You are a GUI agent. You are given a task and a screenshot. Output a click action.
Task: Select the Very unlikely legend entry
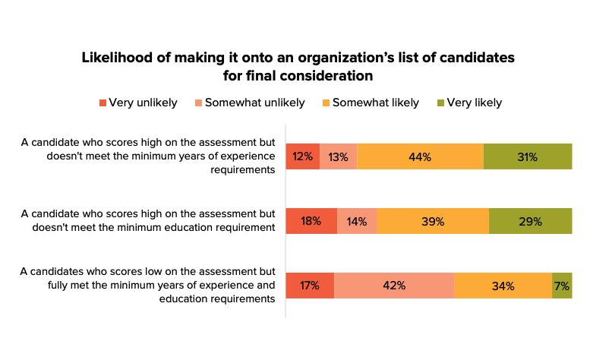pyautogui.click(x=138, y=103)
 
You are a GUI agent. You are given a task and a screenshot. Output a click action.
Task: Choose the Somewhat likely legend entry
pyautogui.click(x=369, y=103)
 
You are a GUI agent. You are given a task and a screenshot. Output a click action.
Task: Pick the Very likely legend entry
pyautogui.click(x=468, y=103)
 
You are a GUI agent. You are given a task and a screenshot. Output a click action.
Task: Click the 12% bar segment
pyautogui.click(x=302, y=156)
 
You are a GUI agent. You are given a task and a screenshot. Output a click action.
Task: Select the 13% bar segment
pyautogui.click(x=338, y=156)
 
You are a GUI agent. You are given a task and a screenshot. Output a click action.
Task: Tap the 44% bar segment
pyautogui.click(x=420, y=156)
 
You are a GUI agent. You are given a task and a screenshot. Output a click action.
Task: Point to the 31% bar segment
pyautogui.click(x=528, y=156)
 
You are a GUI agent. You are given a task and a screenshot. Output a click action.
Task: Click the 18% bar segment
pyautogui.click(x=311, y=221)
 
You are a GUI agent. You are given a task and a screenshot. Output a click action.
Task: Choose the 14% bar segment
pyautogui.click(x=357, y=221)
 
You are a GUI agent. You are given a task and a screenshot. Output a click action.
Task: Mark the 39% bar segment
pyautogui.click(x=433, y=221)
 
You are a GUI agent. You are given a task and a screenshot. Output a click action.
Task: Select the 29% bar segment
pyautogui.click(x=531, y=221)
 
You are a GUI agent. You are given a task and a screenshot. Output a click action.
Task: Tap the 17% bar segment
pyautogui.click(x=310, y=286)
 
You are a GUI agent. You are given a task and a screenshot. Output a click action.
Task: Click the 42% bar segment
pyautogui.click(x=394, y=286)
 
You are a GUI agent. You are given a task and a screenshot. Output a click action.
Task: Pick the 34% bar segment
pyautogui.click(x=503, y=286)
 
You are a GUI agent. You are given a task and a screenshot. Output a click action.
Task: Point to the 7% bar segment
pyautogui.click(x=562, y=286)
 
